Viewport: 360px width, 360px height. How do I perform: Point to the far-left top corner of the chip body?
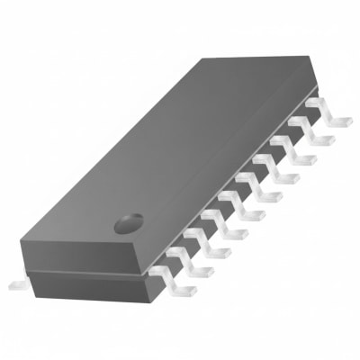point(202,59)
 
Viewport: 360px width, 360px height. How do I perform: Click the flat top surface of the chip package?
point(180,144)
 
